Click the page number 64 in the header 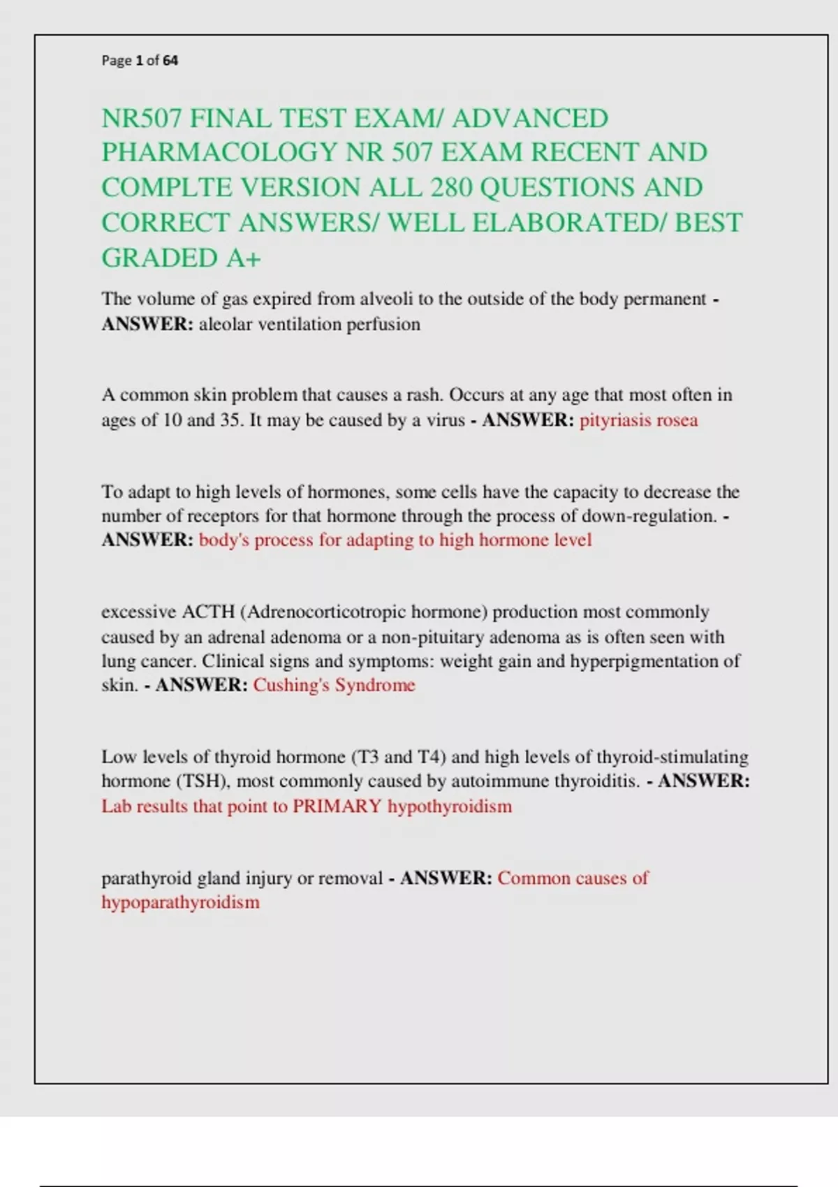tap(170, 61)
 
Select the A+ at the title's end tap(243, 258)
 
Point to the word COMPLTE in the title tap(167, 188)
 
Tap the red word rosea tap(676, 420)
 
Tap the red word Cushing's tap(291, 685)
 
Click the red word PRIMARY tap(337, 806)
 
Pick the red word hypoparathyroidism tap(180, 902)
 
